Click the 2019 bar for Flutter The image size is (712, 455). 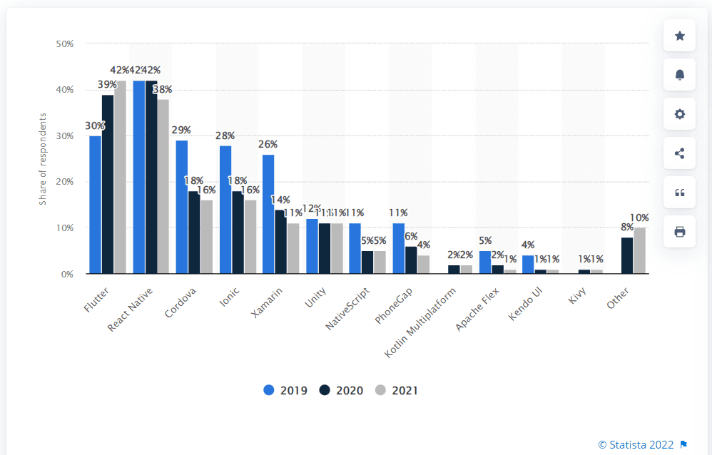pyautogui.click(x=95, y=205)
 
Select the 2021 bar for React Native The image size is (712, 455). pyautogui.click(x=163, y=186)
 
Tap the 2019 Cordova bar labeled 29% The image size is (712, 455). pyautogui.click(x=182, y=207)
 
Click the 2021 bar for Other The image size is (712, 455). pyautogui.click(x=639, y=250)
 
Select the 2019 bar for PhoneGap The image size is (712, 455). pyautogui.click(x=398, y=248)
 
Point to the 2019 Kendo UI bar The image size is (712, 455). pyautogui.click(x=528, y=264)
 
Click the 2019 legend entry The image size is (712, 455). pyautogui.click(x=285, y=390)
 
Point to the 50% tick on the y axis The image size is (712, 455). pyautogui.click(x=65, y=44)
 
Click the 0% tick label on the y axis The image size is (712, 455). pyautogui.click(x=67, y=274)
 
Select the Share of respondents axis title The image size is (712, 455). pyautogui.click(x=43, y=158)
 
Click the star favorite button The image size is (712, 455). pyautogui.click(x=679, y=36)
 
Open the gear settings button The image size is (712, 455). pyautogui.click(x=679, y=114)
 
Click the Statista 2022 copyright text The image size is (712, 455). pyautogui.click(x=636, y=444)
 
